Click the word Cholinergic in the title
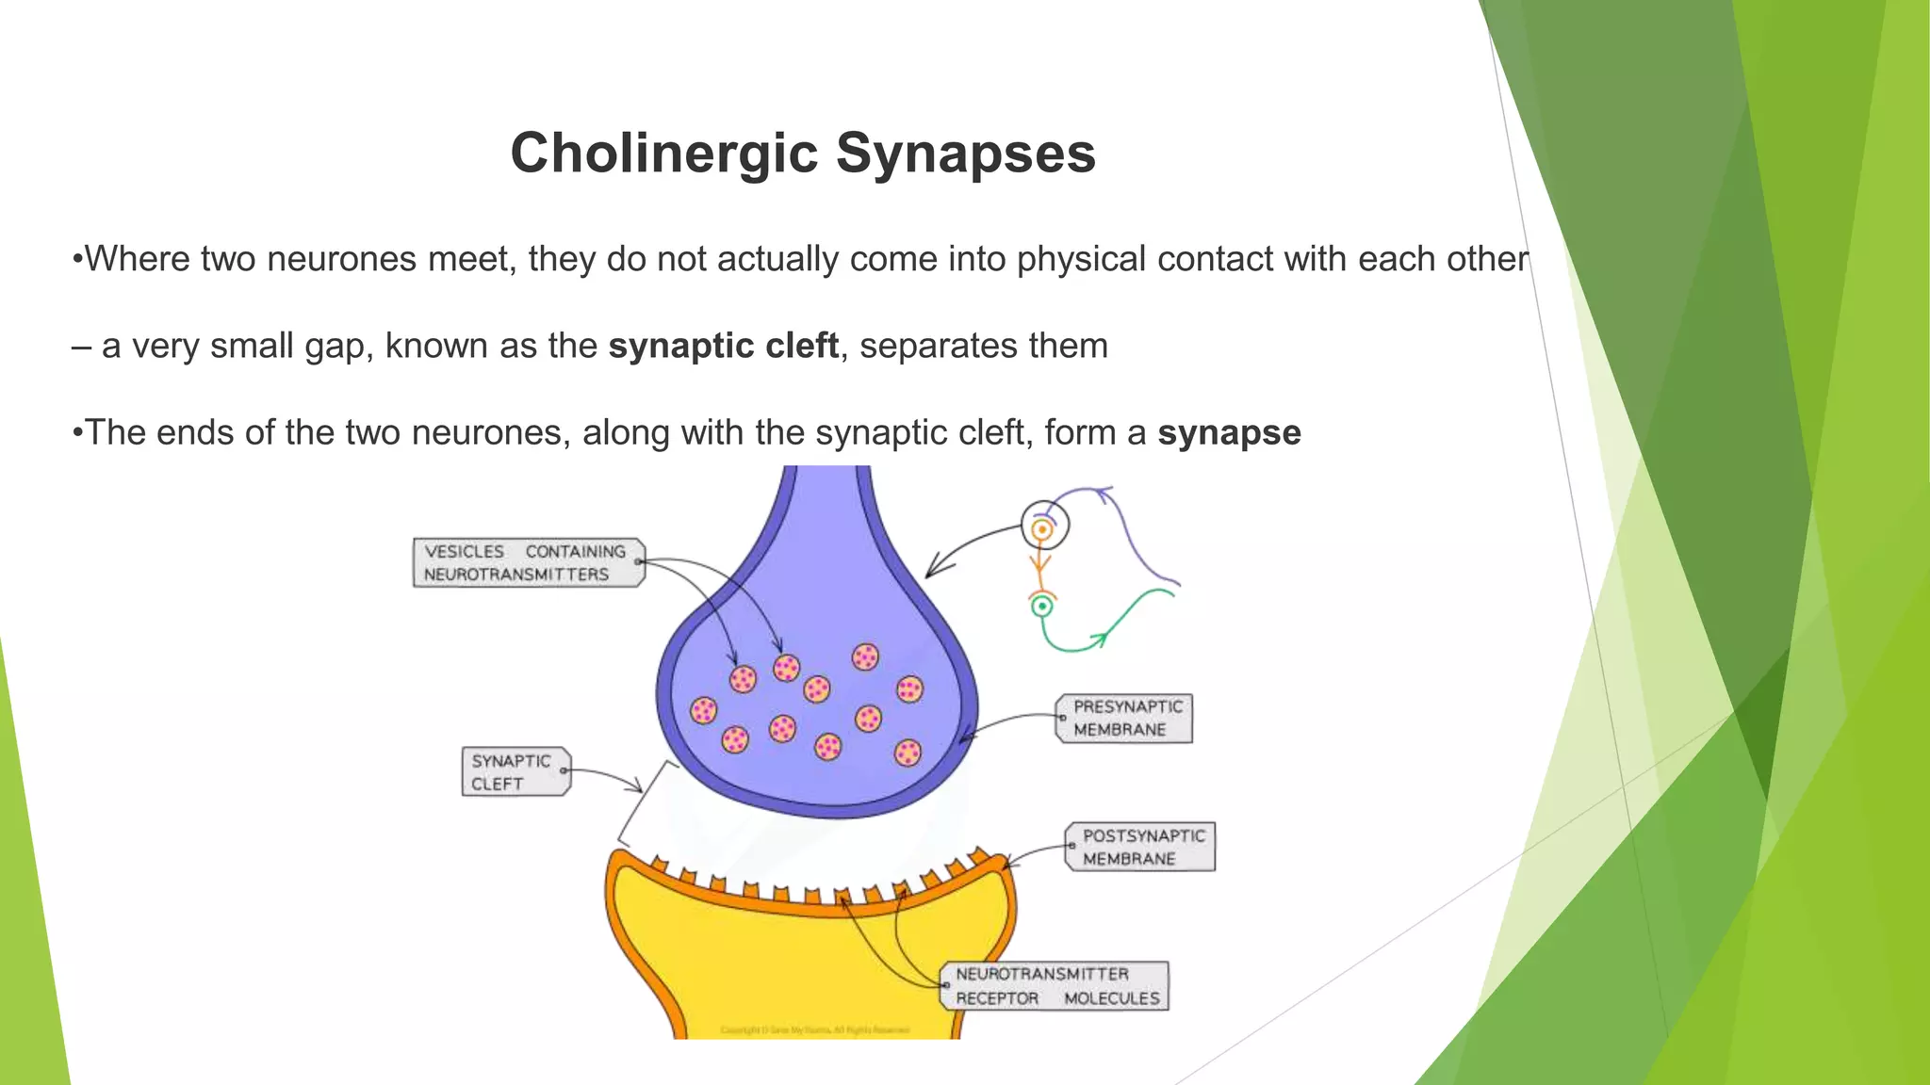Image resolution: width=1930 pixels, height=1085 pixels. point(664,153)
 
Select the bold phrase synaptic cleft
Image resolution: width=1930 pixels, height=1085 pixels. point(723,346)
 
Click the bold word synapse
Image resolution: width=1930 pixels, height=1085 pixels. point(1229,432)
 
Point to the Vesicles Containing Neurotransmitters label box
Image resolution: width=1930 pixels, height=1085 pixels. point(528,562)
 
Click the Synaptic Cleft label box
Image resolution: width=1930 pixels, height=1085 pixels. point(515,771)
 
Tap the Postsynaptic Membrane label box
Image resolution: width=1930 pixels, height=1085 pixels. point(1140,847)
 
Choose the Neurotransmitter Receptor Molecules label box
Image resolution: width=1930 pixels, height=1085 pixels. point(1055,986)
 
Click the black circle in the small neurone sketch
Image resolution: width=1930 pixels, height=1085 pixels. point(1045,524)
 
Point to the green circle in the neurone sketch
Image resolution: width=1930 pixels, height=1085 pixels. point(1041,607)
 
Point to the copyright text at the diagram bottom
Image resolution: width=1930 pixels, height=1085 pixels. point(815,1030)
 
